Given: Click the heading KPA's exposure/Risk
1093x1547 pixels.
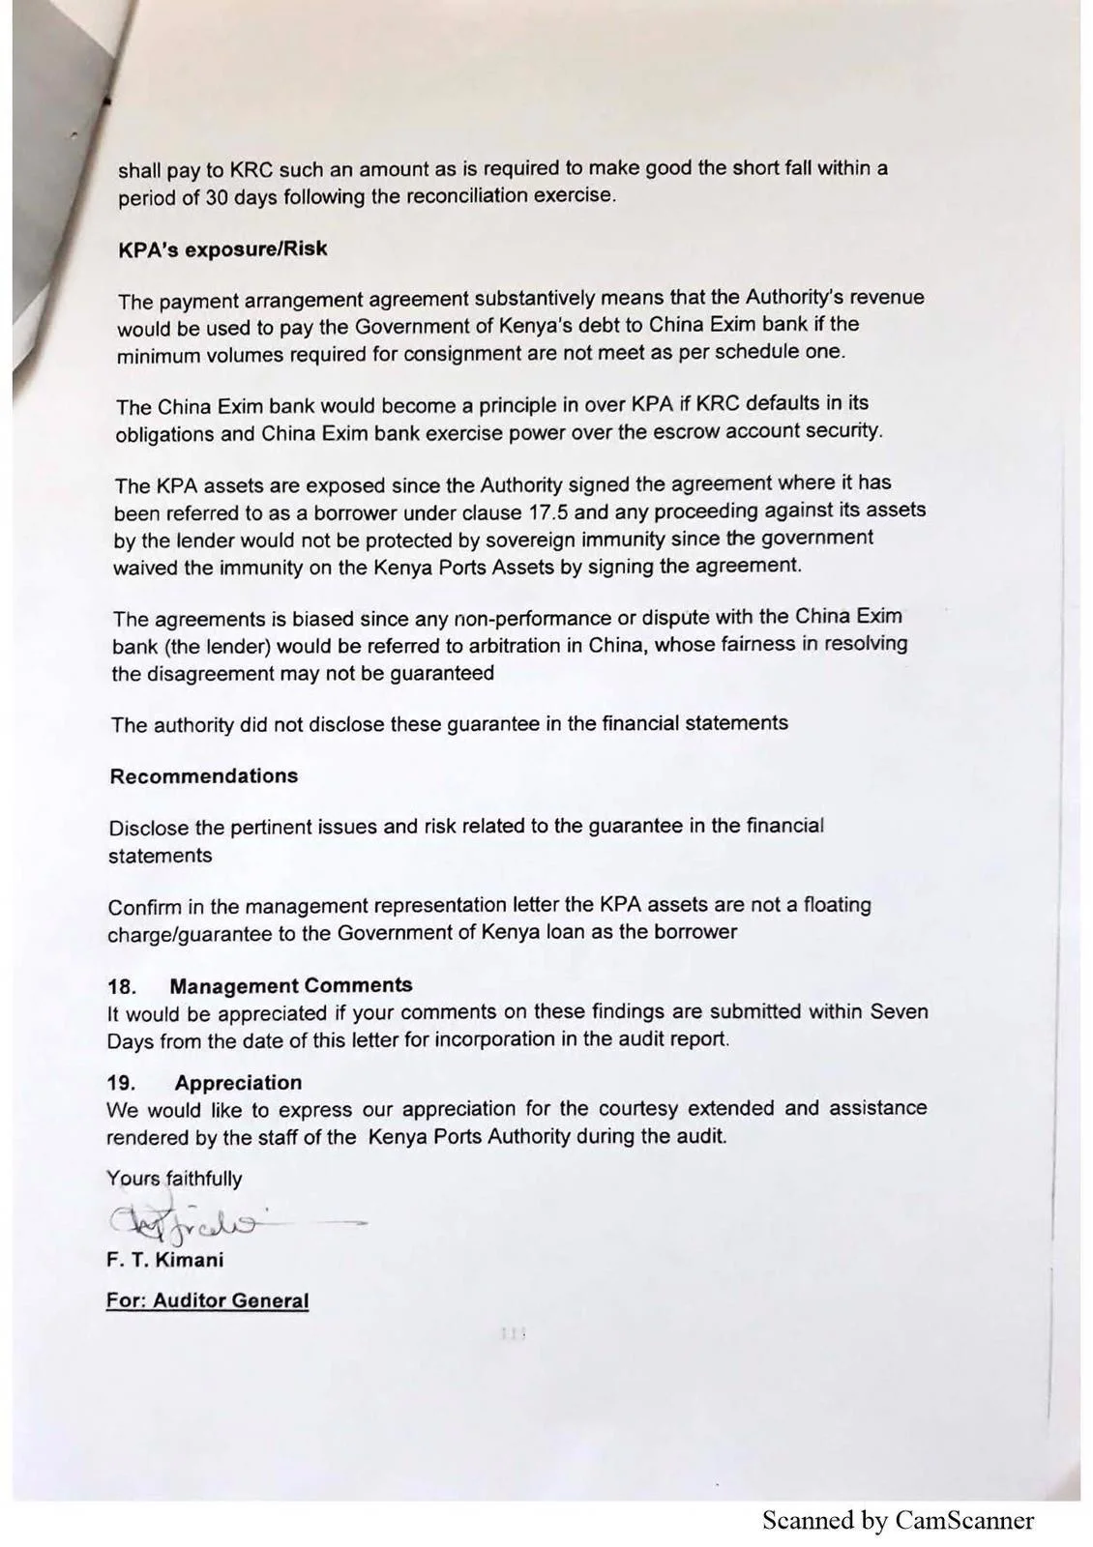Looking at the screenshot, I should click(x=222, y=249).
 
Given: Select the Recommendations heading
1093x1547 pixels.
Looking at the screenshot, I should click(x=203, y=776).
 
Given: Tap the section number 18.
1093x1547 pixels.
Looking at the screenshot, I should click(x=122, y=987).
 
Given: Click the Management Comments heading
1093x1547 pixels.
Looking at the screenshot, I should click(x=290, y=986).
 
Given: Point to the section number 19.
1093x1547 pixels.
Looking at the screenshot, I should click(x=122, y=1084).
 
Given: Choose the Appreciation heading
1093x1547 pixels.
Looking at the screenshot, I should click(x=238, y=1083).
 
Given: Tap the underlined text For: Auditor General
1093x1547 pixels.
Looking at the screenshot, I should click(x=207, y=1301).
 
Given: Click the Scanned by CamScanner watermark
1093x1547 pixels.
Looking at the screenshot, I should click(x=898, y=1521).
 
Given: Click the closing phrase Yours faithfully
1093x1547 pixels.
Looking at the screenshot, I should click(x=174, y=1179).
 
